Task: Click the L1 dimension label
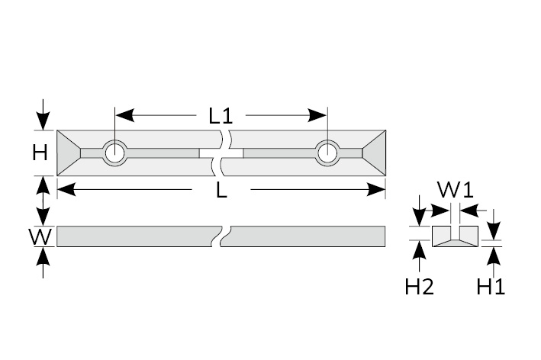[220, 116]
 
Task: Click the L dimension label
[221, 191]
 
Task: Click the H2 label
[419, 287]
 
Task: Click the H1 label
[491, 287]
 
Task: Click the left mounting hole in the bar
[116, 153]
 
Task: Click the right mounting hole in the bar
[327, 153]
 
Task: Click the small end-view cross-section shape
[455, 236]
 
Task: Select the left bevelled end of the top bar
[68, 153]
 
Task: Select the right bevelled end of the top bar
[374, 153]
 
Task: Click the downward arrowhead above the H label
[43, 121]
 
